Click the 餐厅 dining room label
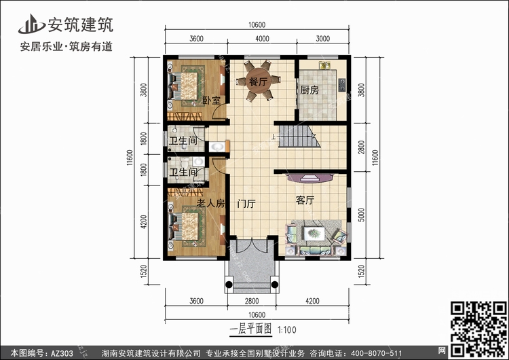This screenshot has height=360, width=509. (x=258, y=82)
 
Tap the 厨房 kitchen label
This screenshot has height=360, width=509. (x=309, y=90)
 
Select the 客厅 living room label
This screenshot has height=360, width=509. (x=305, y=200)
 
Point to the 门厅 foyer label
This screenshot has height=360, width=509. (x=246, y=204)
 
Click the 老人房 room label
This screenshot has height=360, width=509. (x=210, y=203)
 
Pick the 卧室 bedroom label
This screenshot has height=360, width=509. (x=212, y=100)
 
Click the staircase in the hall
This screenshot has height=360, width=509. (x=298, y=137)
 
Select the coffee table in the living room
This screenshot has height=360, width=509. (x=314, y=233)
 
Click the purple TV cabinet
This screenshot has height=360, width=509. (x=309, y=178)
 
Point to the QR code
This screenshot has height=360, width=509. (x=479, y=329)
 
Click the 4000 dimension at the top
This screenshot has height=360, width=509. (x=262, y=39)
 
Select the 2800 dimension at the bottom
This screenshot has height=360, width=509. (x=252, y=301)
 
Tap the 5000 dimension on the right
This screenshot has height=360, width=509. (x=361, y=215)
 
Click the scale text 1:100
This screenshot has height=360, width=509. (x=287, y=330)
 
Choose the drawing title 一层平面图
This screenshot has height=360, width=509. (x=250, y=329)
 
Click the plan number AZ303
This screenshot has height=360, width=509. (x=62, y=353)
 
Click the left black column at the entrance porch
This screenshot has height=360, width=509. (x=229, y=285)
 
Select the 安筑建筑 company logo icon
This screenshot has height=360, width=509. (x=31, y=24)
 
